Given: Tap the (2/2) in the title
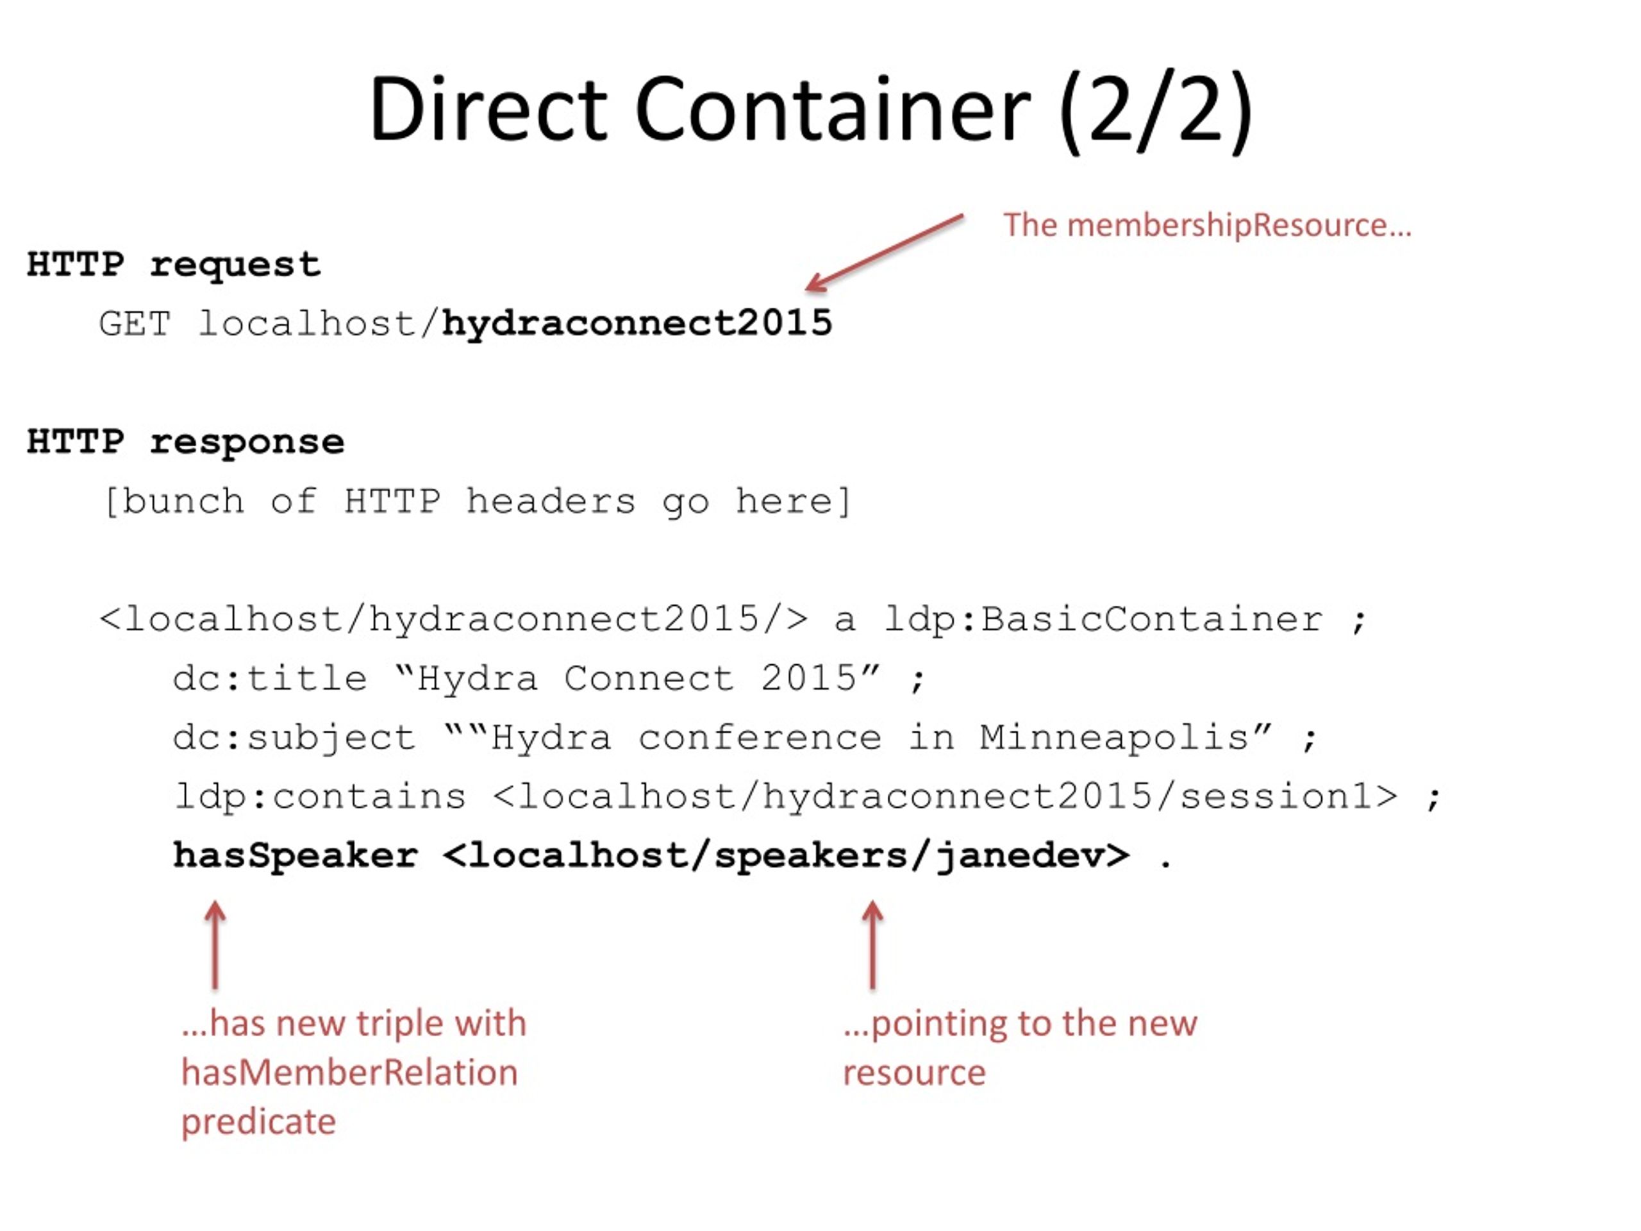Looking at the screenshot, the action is point(1156,112).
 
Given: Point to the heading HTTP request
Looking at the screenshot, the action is point(174,265).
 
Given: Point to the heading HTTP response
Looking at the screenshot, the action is point(185,442).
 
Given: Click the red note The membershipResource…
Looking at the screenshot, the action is point(1207,225).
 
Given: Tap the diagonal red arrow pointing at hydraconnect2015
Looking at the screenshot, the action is point(885,253).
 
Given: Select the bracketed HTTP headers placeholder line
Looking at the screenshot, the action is point(477,501).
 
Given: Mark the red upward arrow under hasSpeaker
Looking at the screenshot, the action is point(215,944).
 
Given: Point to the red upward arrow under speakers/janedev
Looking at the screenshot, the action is point(872,944).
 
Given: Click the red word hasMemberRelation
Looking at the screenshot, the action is point(349,1073).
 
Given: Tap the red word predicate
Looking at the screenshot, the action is point(258,1122).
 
